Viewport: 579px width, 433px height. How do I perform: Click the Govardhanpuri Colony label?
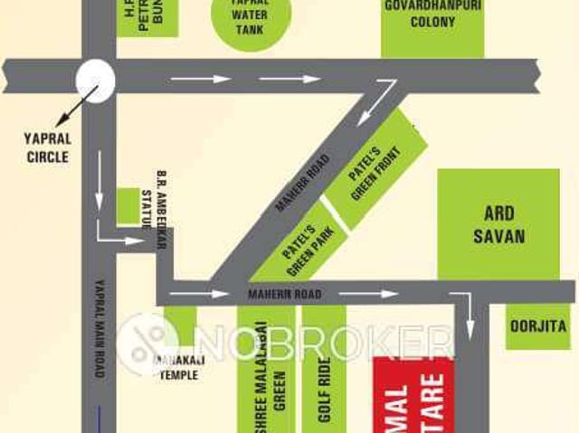[x=432, y=14]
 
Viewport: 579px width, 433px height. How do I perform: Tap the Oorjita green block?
[x=538, y=326]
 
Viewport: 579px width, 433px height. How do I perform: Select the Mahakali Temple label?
[x=177, y=366]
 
